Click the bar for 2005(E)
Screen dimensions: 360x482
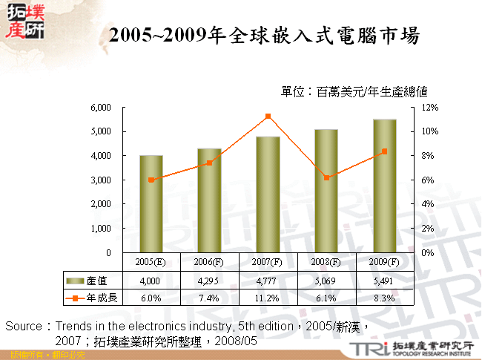click(151, 204)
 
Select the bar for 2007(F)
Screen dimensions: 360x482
click(268, 194)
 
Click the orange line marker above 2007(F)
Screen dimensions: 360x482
click(268, 117)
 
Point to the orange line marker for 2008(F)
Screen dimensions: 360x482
click(326, 178)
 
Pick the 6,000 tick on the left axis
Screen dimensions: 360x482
click(100, 108)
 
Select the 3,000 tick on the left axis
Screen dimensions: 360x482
click(100, 180)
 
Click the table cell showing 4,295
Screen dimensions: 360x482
click(209, 281)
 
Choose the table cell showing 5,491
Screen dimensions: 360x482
click(384, 281)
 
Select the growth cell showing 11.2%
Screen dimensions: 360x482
click(268, 298)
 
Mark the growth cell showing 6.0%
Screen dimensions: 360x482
click(151, 298)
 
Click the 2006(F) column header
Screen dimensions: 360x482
click(209, 262)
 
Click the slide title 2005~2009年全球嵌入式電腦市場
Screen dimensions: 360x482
click(263, 35)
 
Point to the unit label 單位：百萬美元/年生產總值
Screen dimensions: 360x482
click(354, 92)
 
